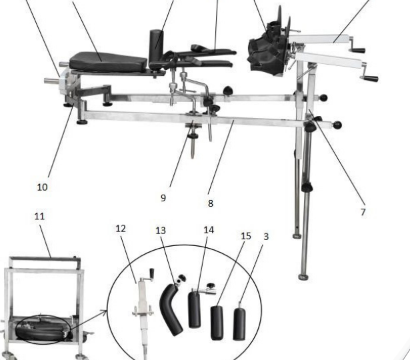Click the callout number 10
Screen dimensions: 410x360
[x=43, y=187]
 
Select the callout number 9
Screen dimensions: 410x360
[x=163, y=198]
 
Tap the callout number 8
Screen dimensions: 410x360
[x=211, y=203]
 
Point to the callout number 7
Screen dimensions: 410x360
[x=363, y=212]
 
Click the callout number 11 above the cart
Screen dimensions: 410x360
[x=39, y=216]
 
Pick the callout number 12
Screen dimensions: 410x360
[x=121, y=229]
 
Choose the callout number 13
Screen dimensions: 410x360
[x=161, y=231]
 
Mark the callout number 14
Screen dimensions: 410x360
[x=209, y=230]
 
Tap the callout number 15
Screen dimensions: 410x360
[x=246, y=236]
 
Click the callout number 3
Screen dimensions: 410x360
[x=266, y=237]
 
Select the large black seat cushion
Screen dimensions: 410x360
[x=108, y=62]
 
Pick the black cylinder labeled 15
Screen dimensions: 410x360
[x=217, y=323]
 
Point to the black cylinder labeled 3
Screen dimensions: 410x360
[x=239, y=323]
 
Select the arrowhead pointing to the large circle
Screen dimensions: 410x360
[x=105, y=312]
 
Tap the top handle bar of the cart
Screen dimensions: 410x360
[x=45, y=259]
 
